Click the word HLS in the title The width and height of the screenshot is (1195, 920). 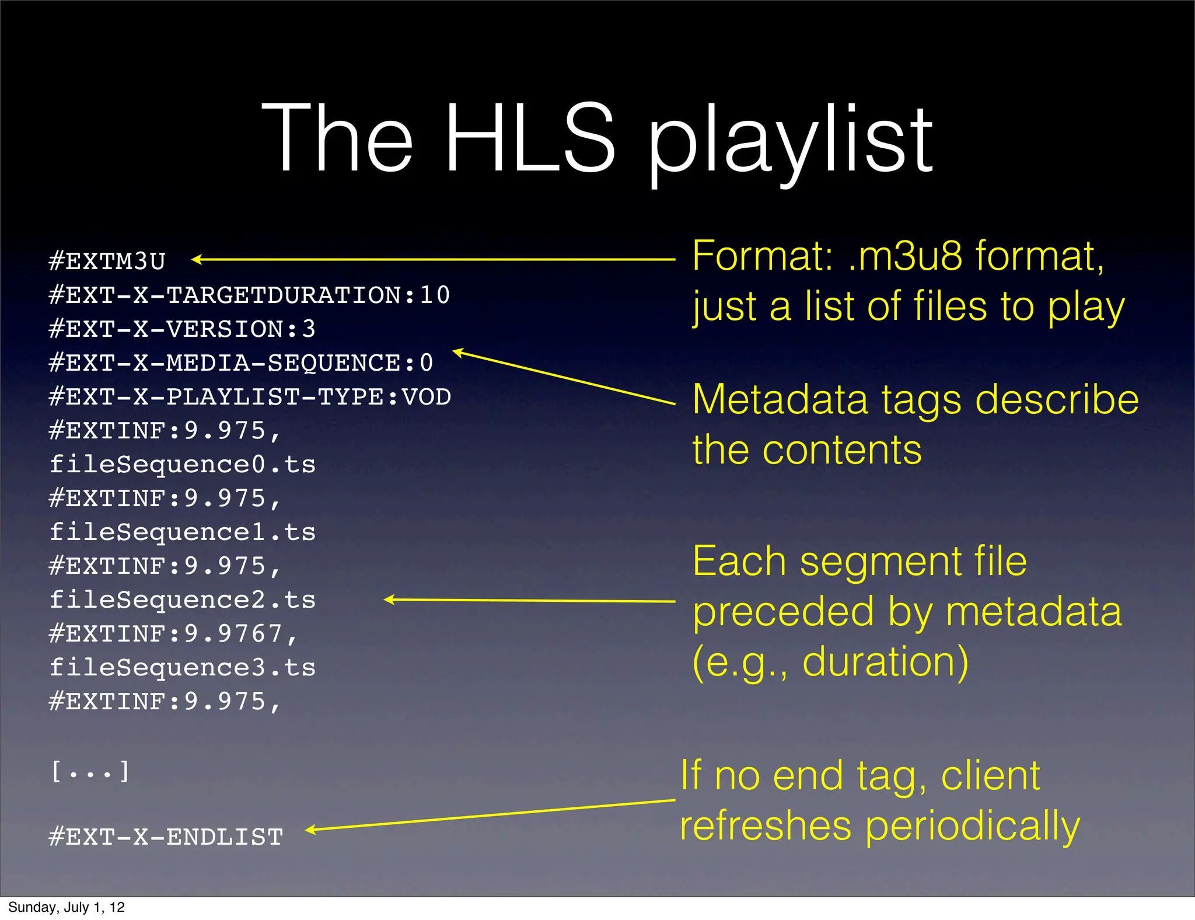[530, 139]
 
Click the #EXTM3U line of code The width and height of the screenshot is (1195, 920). [107, 261]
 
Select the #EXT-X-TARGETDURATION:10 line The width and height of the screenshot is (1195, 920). [249, 295]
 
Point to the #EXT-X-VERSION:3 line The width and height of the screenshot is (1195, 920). [182, 329]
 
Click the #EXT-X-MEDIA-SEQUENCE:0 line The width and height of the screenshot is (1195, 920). [241, 363]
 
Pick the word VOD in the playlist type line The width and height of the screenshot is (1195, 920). [427, 397]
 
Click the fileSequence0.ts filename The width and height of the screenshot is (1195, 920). [182, 465]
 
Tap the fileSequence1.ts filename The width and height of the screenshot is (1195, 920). [182, 532]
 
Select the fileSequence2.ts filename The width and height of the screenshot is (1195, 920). [182, 600]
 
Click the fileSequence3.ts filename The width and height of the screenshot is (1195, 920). [182, 668]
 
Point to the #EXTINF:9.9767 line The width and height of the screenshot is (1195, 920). [173, 634]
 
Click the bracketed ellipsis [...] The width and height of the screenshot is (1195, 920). [90, 772]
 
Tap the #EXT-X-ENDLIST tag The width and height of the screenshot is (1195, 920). [166, 837]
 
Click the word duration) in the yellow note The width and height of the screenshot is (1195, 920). [885, 662]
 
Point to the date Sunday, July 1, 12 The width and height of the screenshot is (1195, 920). [67, 907]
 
